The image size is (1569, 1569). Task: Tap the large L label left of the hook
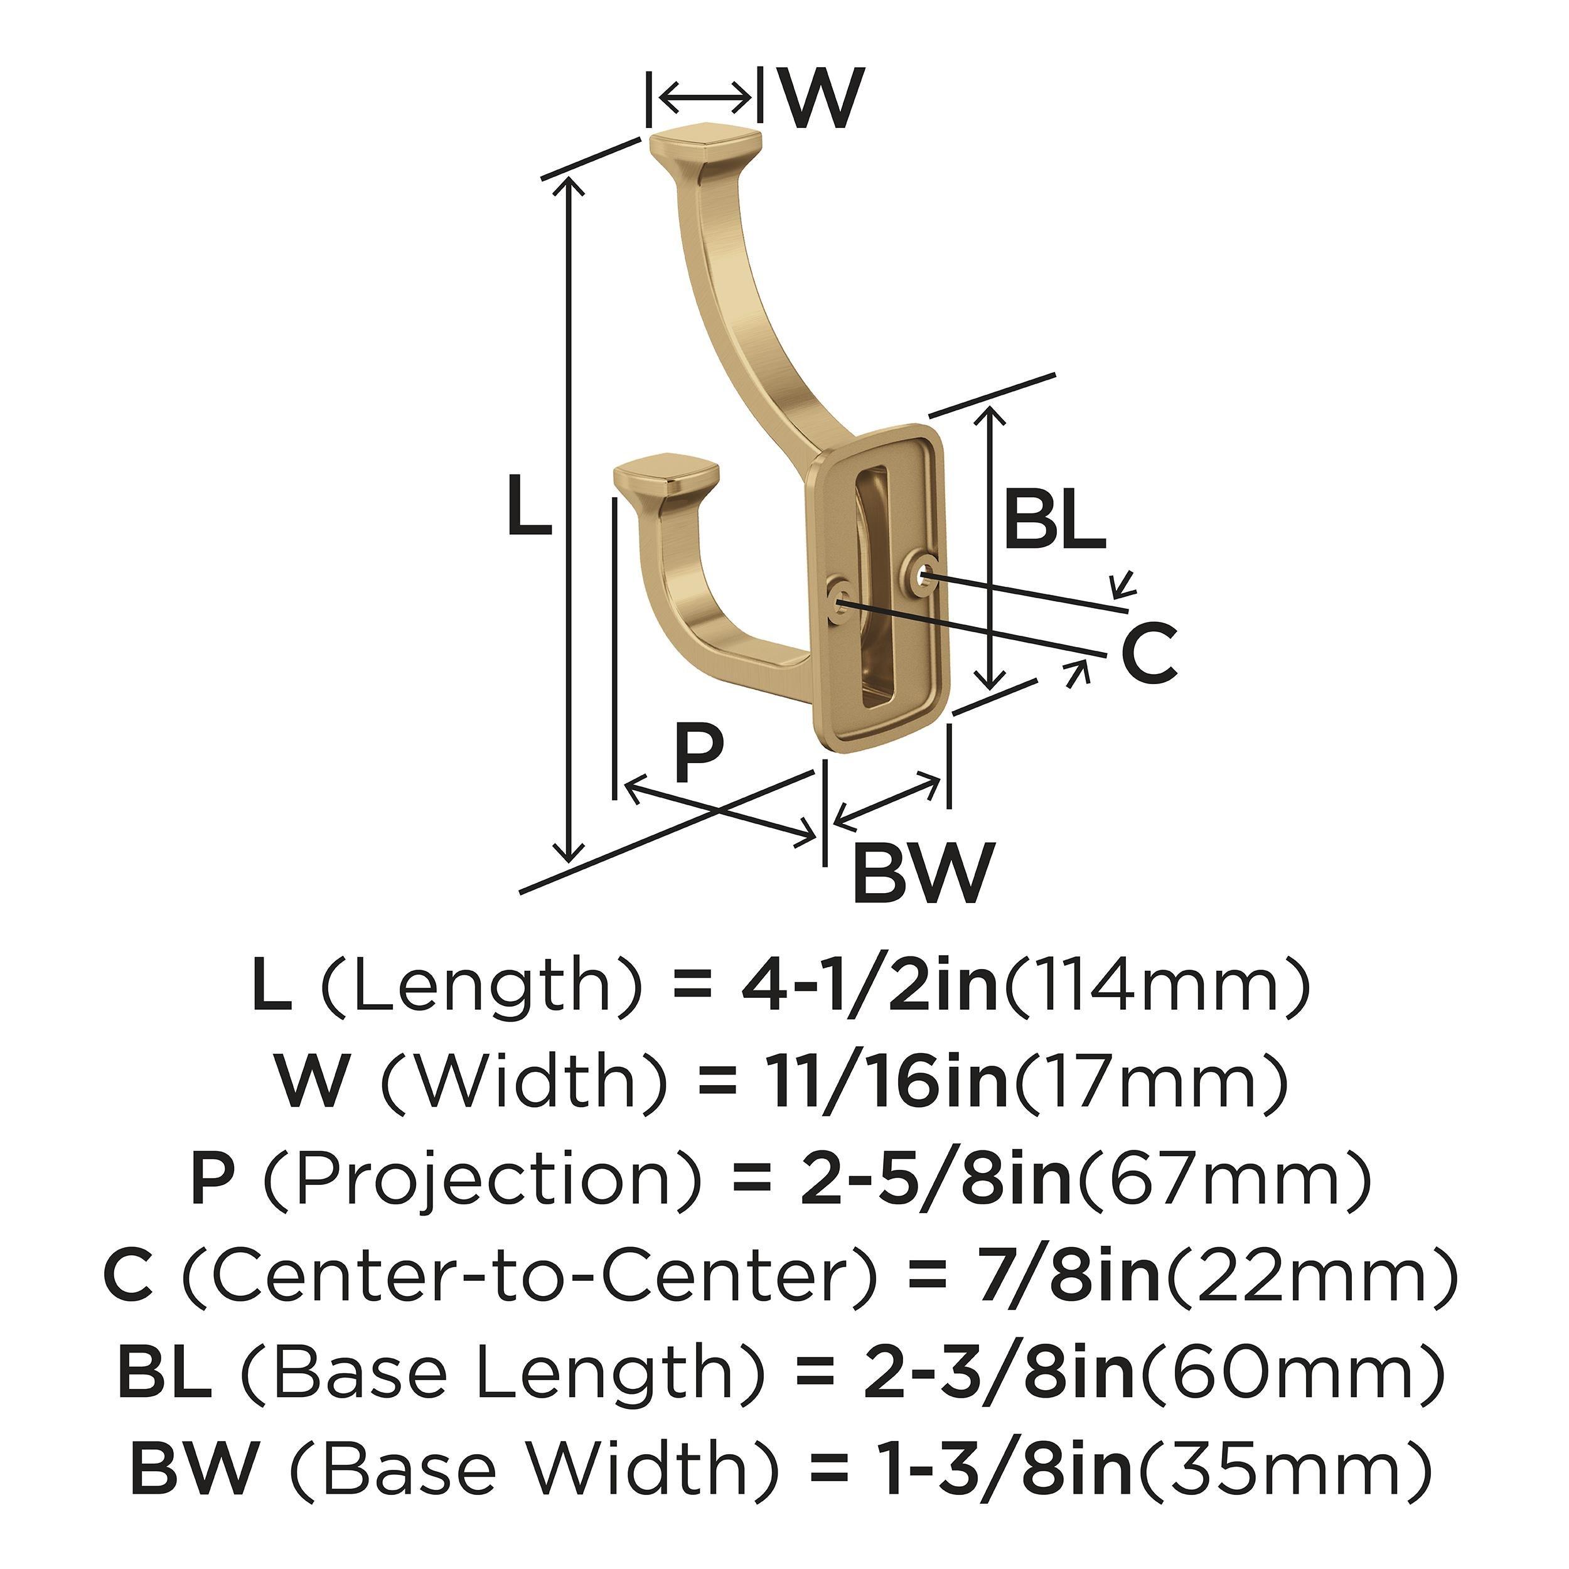[528, 506]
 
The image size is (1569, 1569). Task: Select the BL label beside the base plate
[1054, 520]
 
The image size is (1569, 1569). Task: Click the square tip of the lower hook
[667, 478]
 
